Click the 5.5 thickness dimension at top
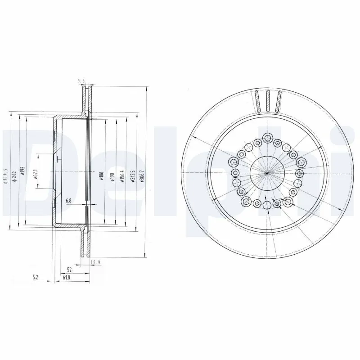point(81,81)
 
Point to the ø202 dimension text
point(16,175)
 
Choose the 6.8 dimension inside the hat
point(68,200)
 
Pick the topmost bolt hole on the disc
point(268,138)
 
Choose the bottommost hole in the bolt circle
point(267,206)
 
